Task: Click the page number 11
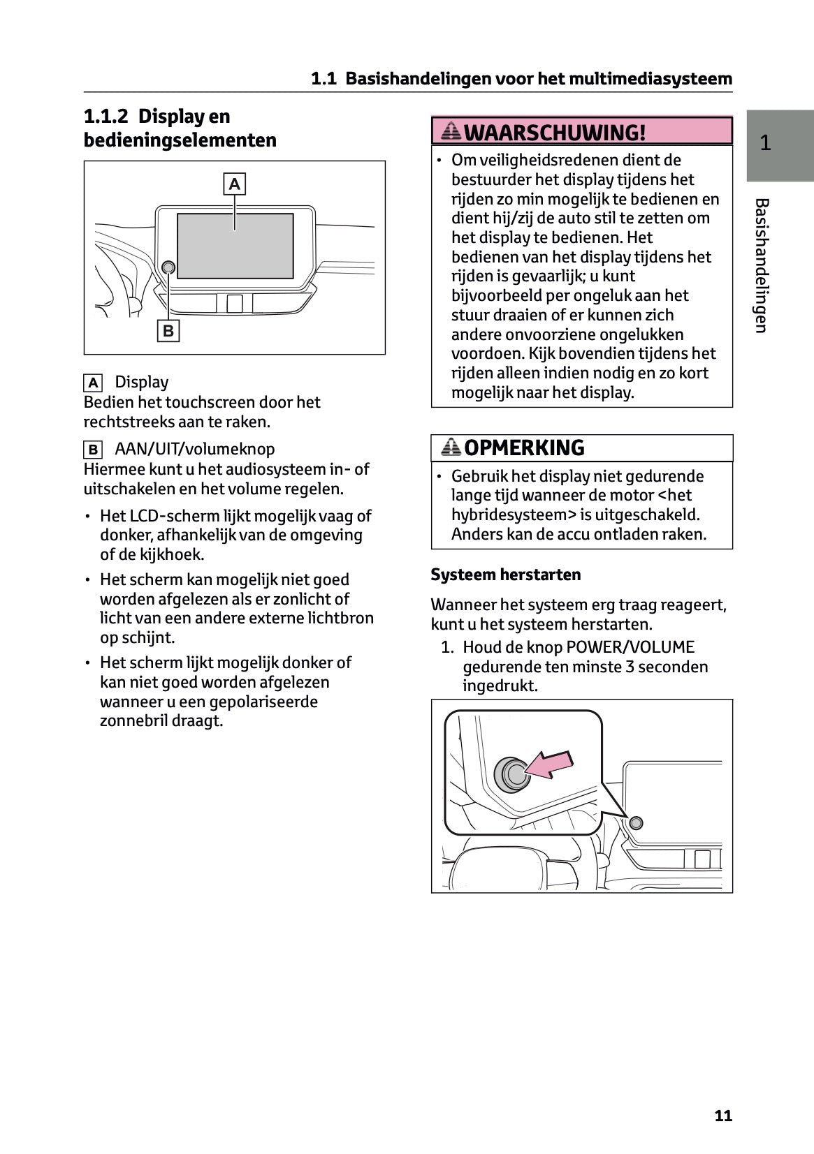(x=723, y=1115)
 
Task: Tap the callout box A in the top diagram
(x=234, y=184)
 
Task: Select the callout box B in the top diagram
(x=168, y=330)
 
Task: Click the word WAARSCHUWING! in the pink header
(x=555, y=132)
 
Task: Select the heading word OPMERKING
(x=524, y=447)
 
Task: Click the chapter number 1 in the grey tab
(x=765, y=143)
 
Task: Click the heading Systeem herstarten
(x=505, y=575)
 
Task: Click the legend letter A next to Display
(x=92, y=383)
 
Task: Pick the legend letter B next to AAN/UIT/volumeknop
(x=92, y=450)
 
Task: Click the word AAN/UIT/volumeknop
(x=194, y=449)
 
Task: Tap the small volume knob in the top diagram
(x=168, y=267)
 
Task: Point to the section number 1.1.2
(x=106, y=116)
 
